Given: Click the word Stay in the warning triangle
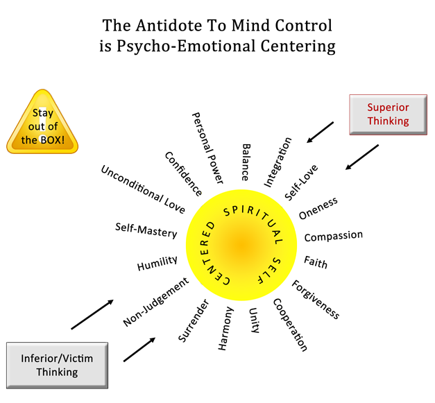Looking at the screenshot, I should (42, 113).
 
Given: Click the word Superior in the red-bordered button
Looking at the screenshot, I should (388, 108).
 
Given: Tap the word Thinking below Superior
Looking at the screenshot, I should (388, 121).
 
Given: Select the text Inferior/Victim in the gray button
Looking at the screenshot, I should (56, 358).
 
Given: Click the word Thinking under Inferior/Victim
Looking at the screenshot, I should (56, 372).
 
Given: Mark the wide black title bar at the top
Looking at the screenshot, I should (217, 36).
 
